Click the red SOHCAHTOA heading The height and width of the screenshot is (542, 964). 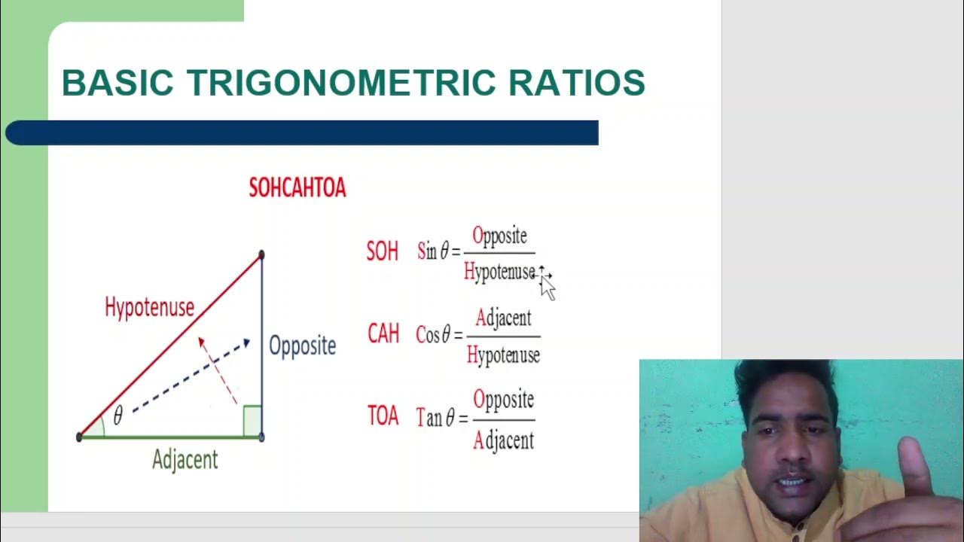(297, 188)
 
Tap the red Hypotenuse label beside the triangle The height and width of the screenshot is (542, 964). (149, 307)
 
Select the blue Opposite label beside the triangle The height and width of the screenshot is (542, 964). (302, 346)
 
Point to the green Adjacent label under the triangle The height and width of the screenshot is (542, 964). (185, 459)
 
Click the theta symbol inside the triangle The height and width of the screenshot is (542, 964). (117, 416)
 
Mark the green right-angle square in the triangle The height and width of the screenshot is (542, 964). (252, 421)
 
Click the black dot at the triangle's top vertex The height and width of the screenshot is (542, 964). (261, 255)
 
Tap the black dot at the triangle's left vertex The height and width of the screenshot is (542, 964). (79, 437)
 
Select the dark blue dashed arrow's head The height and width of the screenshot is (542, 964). (245, 344)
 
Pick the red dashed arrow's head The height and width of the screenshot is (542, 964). (201, 341)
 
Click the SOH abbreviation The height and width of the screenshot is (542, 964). (382, 251)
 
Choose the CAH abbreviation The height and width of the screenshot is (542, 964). (383, 334)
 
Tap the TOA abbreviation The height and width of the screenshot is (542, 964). (383, 416)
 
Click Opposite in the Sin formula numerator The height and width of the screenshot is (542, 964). (499, 236)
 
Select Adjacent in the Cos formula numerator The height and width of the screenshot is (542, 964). (503, 318)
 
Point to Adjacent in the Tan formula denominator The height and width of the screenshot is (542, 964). (503, 440)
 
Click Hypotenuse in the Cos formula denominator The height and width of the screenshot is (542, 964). (503, 355)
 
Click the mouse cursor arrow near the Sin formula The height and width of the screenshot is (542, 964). (547, 286)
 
